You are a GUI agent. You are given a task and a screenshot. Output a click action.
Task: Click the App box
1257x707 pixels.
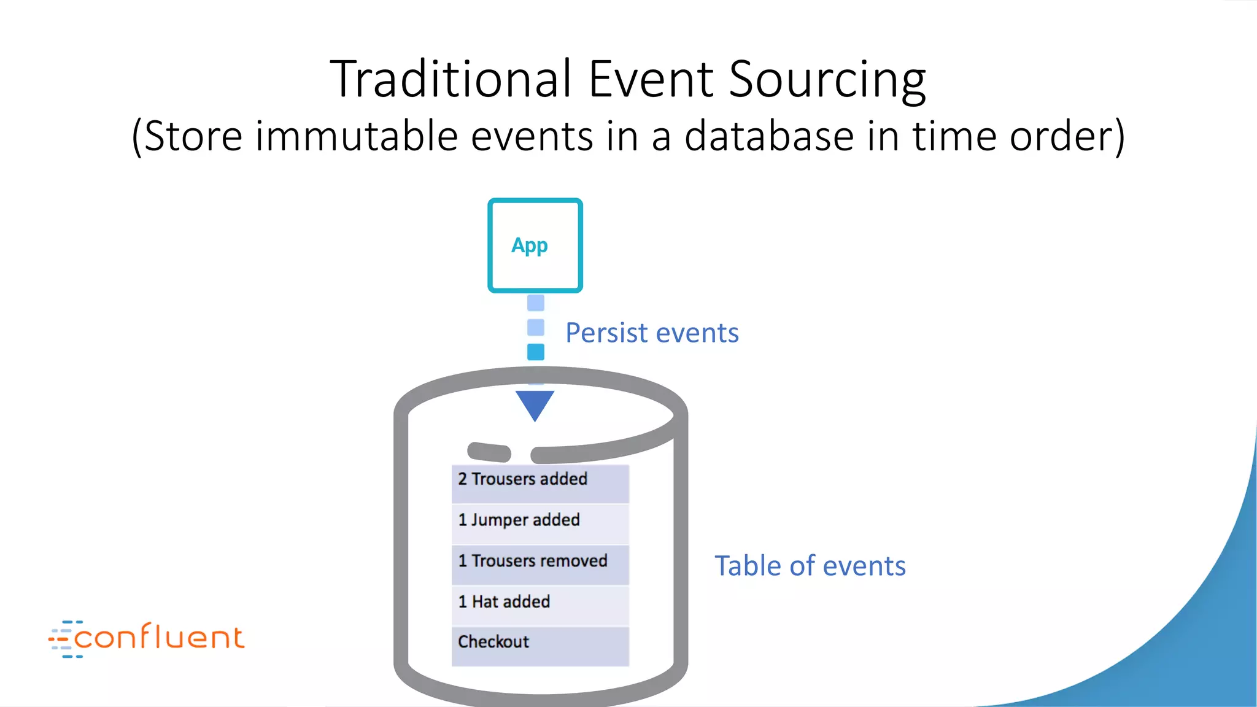(x=535, y=245)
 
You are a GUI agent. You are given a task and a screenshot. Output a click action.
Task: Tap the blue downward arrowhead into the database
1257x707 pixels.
(x=535, y=404)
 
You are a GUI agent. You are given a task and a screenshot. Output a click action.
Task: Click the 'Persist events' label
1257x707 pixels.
(x=652, y=333)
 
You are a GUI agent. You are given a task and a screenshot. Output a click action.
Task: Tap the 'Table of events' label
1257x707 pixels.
(x=810, y=565)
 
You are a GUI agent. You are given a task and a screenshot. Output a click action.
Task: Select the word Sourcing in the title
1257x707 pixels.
(x=827, y=80)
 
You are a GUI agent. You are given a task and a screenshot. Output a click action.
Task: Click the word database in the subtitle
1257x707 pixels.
(x=769, y=136)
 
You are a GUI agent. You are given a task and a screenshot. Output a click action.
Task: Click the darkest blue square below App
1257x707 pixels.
(x=536, y=352)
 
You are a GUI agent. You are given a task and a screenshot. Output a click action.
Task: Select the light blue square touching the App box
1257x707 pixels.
(x=536, y=303)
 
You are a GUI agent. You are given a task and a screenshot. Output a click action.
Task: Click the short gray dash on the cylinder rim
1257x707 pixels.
(x=489, y=452)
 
